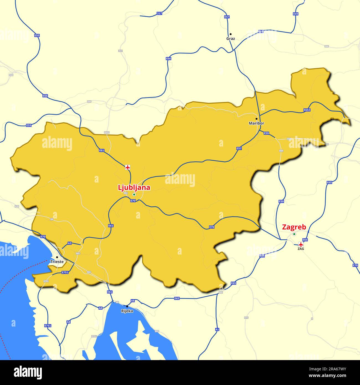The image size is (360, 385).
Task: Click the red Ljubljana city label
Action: (134, 188)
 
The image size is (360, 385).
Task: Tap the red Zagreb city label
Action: (294, 227)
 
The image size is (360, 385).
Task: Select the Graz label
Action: (230, 38)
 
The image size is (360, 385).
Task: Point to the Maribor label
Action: (256, 123)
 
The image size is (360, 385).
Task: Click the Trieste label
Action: (57, 261)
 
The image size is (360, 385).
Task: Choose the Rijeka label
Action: (127, 311)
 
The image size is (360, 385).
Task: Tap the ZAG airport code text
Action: (301, 249)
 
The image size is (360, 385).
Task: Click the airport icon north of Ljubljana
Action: (128, 167)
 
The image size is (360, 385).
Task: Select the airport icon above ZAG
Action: (301, 244)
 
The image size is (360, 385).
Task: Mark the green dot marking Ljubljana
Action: (134, 194)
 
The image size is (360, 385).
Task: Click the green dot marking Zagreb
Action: (294, 234)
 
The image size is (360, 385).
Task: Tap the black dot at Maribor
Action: (256, 119)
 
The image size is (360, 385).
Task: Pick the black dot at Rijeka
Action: (127, 306)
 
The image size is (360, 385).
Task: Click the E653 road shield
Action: (307, 110)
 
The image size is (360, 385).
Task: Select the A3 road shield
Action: (70, 243)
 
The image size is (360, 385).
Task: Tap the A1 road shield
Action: (217, 329)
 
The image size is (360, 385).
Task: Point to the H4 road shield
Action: (52, 219)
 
